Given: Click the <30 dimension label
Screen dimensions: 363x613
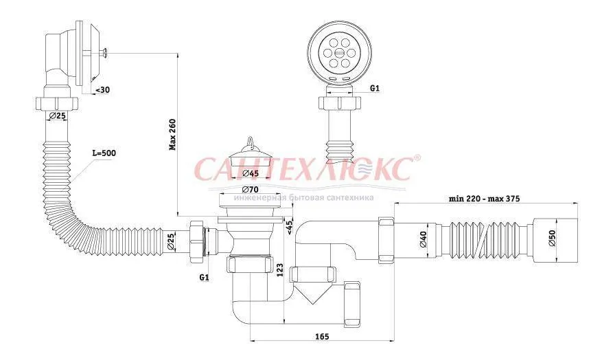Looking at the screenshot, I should coord(101,89).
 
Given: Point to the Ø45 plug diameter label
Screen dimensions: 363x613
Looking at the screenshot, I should coord(249,173).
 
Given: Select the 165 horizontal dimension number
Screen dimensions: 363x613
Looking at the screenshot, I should coord(322,337).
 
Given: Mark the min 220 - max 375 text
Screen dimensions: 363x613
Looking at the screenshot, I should coord(485,199).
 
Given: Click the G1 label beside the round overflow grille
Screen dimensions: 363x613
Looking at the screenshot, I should coord(375,89).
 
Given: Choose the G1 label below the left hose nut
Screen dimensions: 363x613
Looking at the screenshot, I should coord(204,278).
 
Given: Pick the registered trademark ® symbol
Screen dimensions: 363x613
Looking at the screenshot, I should coord(417,158).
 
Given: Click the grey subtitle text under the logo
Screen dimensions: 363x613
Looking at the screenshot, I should coord(303,197).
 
